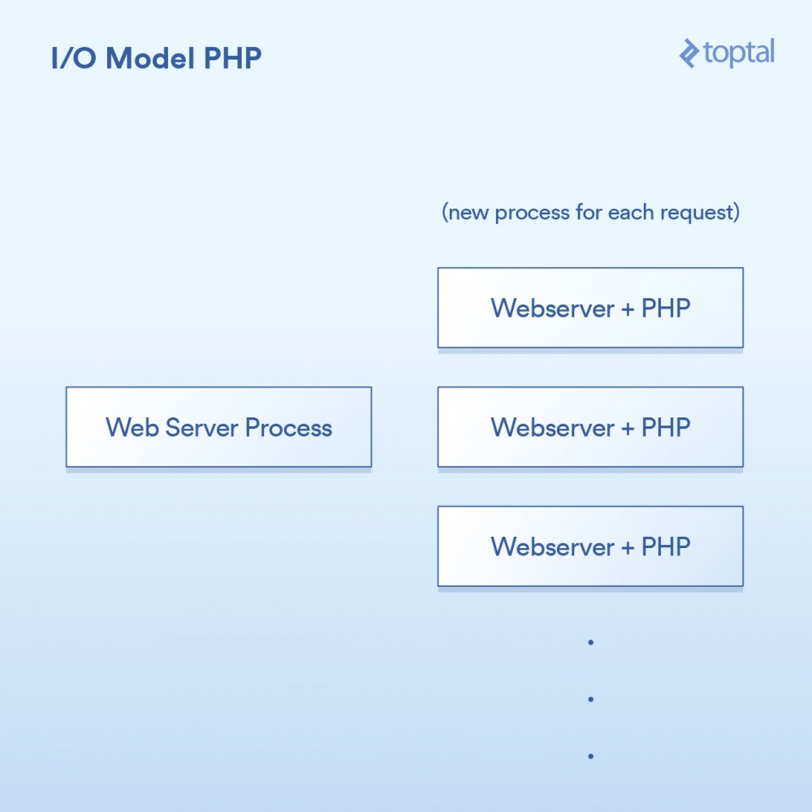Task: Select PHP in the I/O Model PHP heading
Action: click(x=232, y=59)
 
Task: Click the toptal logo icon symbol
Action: click(x=689, y=54)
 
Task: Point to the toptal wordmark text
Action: click(x=739, y=54)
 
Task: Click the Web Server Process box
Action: click(x=218, y=427)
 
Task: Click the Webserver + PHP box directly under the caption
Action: click(x=590, y=308)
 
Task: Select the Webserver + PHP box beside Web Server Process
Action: click(x=590, y=427)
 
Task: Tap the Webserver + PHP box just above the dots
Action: click(x=590, y=546)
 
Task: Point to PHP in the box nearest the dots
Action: click(x=666, y=546)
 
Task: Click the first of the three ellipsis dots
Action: click(x=590, y=642)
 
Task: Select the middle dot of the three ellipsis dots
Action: click(x=590, y=699)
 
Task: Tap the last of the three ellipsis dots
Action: click(x=590, y=756)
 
